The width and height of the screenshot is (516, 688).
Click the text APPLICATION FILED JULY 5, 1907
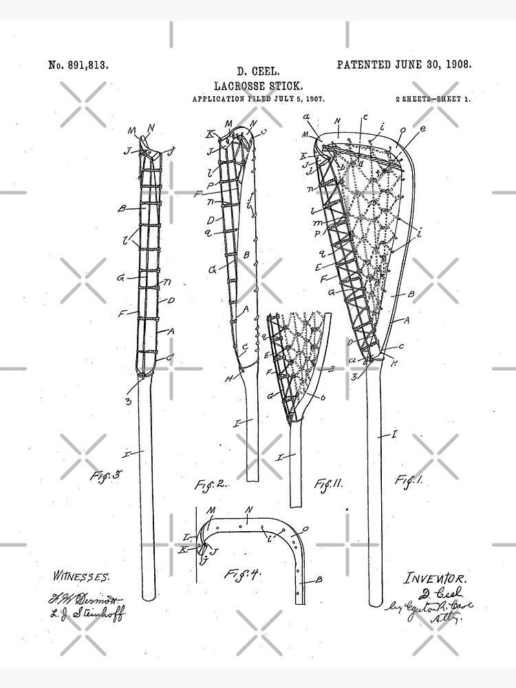[x=258, y=99]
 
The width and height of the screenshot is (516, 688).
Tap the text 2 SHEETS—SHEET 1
[x=433, y=99]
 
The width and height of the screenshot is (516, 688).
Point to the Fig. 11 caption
[x=328, y=484]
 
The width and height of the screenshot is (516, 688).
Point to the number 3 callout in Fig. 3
[x=129, y=400]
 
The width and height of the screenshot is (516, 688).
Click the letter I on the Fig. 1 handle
[x=394, y=434]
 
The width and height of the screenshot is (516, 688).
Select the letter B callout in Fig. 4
[x=318, y=579]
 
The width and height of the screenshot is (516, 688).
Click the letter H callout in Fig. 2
[x=228, y=378]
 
